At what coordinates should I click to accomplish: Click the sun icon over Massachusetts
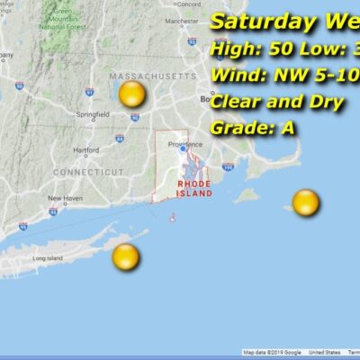click(132, 96)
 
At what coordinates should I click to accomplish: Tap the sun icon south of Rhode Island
click(126, 257)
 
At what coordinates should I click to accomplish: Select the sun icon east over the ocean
click(306, 202)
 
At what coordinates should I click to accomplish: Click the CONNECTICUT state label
click(88, 171)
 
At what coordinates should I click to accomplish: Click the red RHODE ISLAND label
click(194, 188)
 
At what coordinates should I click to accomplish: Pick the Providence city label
click(183, 142)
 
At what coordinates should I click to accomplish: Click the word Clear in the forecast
click(237, 102)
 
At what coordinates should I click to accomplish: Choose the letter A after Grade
click(287, 128)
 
